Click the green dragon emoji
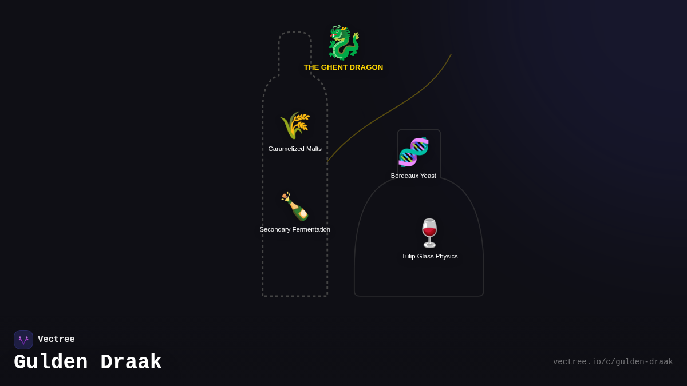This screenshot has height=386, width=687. [x=343, y=43]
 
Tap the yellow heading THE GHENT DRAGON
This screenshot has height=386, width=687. [x=343, y=67]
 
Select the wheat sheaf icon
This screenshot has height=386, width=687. [x=295, y=125]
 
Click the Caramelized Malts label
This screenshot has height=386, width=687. [x=295, y=149]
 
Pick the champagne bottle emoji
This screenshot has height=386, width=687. [x=295, y=206]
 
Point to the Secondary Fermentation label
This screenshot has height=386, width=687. [x=295, y=229]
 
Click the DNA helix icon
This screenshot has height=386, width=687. [x=413, y=152]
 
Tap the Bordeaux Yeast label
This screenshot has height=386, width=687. [x=413, y=176]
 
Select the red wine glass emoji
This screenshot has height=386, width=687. [x=429, y=233]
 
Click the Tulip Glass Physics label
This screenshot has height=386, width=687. [x=429, y=256]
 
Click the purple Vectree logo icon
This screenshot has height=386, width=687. [x=23, y=340]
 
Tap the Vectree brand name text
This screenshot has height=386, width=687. [x=56, y=340]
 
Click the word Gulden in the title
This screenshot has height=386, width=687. [x=50, y=363]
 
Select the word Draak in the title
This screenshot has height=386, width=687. [x=131, y=363]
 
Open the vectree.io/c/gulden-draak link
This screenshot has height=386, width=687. [x=613, y=362]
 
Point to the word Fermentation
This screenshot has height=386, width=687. [x=311, y=229]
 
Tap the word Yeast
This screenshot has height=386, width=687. [x=427, y=176]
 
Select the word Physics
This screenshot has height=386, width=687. [x=445, y=256]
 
